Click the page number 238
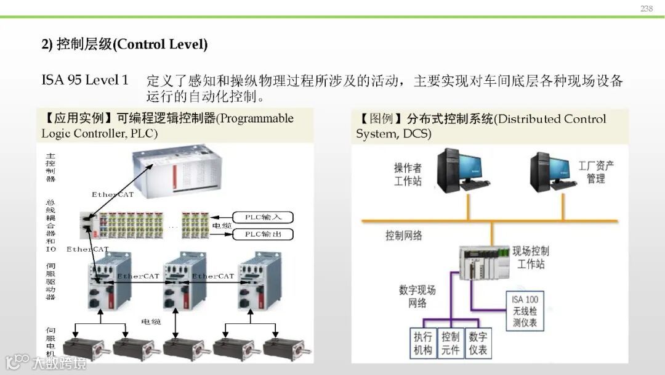646,8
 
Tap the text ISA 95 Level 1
85,80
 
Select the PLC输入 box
264,217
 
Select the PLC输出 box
264,234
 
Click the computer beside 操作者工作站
462,168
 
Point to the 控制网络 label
404,236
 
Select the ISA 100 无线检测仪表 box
525,311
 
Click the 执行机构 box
423,344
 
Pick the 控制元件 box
451,344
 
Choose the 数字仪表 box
478,344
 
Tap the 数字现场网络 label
417,296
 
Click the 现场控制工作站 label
531,258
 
